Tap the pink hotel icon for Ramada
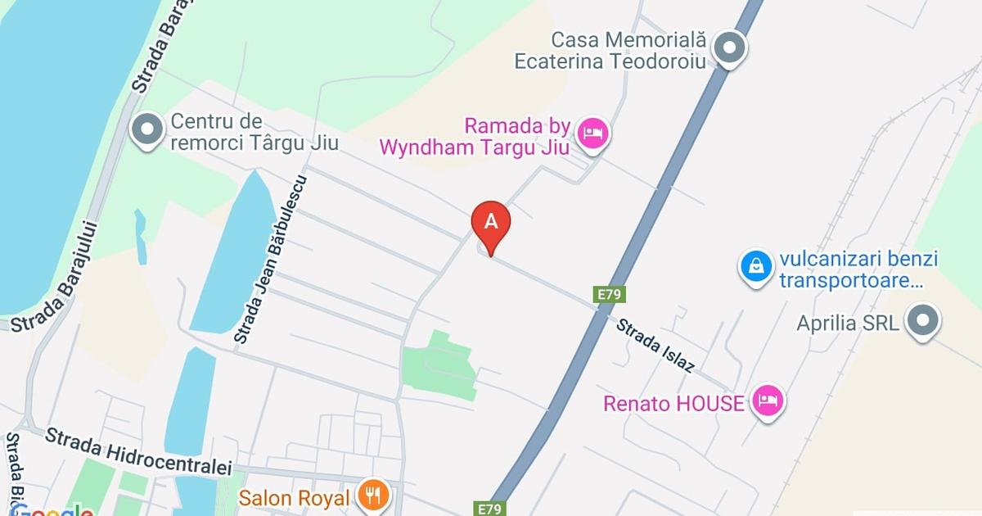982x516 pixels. (592, 134)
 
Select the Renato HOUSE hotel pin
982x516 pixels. (768, 401)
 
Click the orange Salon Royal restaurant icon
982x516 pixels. (373, 495)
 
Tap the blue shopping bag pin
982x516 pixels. (757, 266)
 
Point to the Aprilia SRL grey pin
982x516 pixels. (924, 320)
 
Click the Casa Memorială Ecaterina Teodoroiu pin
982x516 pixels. (728, 47)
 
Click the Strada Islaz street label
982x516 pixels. (655, 345)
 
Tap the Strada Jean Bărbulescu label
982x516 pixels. (269, 259)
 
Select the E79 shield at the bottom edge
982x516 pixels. (489, 509)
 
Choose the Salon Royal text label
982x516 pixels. (295, 497)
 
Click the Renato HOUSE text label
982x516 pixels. (673, 403)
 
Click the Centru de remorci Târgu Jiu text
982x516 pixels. (255, 133)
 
